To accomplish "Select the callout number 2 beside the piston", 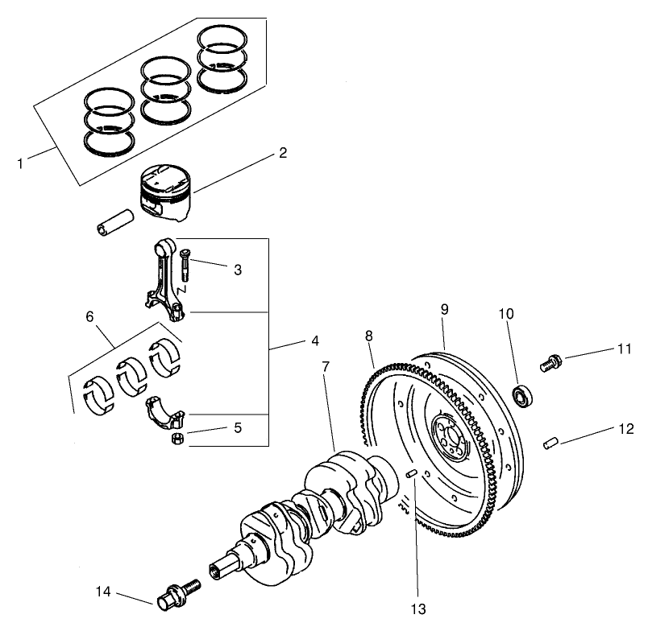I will click(x=283, y=152).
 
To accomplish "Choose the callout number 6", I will click(x=89, y=316).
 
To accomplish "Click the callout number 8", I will click(x=369, y=335).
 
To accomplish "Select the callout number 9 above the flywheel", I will click(x=443, y=309).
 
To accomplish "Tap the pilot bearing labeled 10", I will click(x=524, y=395).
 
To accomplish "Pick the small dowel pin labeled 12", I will click(x=550, y=441).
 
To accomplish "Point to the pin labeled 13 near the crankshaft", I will click(x=412, y=474).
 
